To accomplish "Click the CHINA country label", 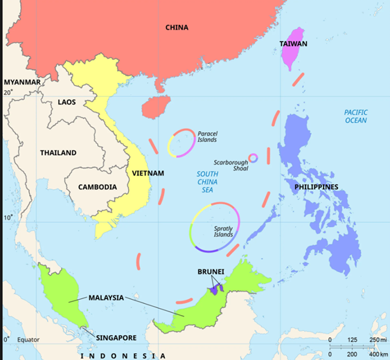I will (x=177, y=28).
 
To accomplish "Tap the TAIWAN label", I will (x=293, y=44).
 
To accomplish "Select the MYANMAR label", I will (x=22, y=82).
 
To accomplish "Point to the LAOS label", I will (x=67, y=102).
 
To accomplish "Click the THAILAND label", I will (x=58, y=152).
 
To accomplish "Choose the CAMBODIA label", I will (x=97, y=187).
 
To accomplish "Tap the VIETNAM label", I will (x=147, y=172).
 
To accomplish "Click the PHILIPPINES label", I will (x=316, y=187).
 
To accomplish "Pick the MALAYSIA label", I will (x=105, y=298).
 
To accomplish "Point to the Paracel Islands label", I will (x=207, y=136).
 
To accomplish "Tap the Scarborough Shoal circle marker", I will (x=253, y=158).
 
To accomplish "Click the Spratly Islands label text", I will (x=223, y=231).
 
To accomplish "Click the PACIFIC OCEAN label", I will (x=356, y=116).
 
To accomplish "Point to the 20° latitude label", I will (x=8, y=91).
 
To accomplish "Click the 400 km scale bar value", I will (x=378, y=354).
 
